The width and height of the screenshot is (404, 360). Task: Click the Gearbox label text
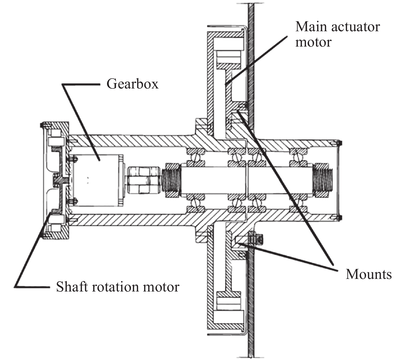(x=132, y=84)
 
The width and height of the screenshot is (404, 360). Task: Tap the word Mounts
(x=368, y=274)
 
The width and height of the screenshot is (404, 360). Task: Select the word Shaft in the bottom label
(x=71, y=287)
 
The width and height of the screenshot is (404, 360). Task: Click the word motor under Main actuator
(x=313, y=43)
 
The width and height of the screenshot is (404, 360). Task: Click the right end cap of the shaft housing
(x=338, y=180)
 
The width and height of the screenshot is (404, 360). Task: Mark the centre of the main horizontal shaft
(x=246, y=180)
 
